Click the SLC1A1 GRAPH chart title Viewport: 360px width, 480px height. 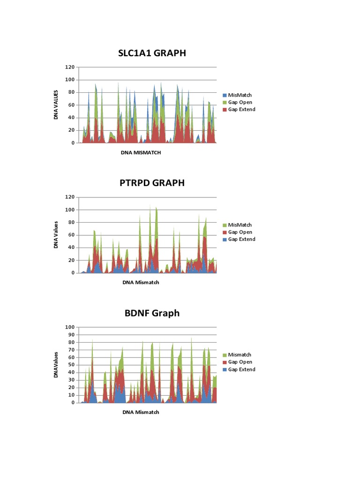click(152, 53)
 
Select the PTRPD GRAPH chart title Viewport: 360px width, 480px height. click(152, 183)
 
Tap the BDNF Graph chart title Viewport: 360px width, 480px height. click(152, 313)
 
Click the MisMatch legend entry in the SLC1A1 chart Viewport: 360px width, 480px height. click(240, 95)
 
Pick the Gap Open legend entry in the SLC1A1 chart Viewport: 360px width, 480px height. click(240, 102)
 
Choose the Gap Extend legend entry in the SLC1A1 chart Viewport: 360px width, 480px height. click(241, 109)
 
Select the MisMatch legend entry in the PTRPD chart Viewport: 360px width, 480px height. click(240, 225)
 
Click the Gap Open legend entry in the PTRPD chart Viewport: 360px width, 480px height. click(240, 232)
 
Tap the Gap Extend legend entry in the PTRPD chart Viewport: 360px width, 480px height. click(241, 239)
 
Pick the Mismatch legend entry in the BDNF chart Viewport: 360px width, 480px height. click(240, 355)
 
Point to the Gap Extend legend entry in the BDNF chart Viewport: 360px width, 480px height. click(241, 369)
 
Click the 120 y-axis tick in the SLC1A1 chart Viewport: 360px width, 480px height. click(70, 67)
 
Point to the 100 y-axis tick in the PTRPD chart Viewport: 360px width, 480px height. click(70, 210)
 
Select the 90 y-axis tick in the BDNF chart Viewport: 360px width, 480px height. click(71, 335)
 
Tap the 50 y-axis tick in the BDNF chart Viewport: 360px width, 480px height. click(71, 365)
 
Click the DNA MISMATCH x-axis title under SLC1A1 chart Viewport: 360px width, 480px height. click(141, 152)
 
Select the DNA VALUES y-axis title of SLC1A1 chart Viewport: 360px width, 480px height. click(56, 105)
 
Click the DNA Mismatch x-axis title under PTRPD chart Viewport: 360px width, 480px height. click(141, 282)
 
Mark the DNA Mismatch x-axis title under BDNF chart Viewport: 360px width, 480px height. click(141, 412)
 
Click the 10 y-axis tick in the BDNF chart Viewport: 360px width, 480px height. click(71, 395)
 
